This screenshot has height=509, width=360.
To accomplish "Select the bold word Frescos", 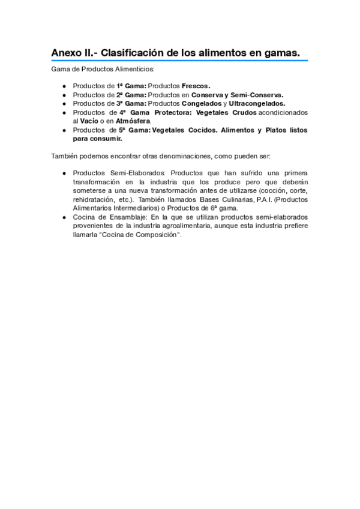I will click(196, 86).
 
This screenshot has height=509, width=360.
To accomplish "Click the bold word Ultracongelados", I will click(257, 103).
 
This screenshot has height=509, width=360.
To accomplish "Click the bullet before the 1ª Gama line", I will click(65, 86).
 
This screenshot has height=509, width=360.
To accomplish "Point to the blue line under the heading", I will click(179, 61).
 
